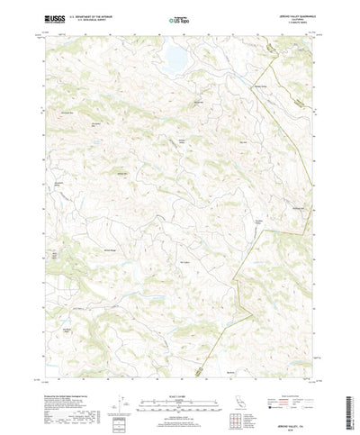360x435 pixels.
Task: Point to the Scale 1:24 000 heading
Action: [179, 368]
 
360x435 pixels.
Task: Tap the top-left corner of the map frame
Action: [42, 34]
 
